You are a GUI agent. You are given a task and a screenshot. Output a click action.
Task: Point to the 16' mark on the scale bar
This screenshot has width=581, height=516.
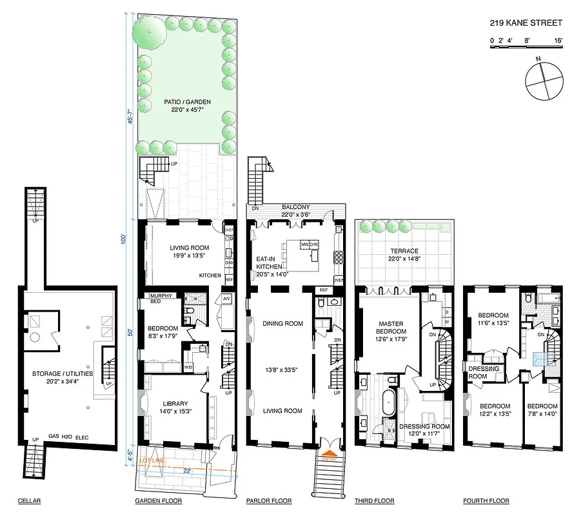tap(558, 40)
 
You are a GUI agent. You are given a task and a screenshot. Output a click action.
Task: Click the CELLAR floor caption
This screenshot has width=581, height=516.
tap(30, 501)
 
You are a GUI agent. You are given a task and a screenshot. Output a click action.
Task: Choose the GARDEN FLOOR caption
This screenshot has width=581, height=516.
tap(158, 501)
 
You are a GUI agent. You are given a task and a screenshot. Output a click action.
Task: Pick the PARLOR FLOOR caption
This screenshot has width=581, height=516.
tap(268, 501)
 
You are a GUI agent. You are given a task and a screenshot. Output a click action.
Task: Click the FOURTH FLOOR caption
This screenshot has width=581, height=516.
tap(486, 501)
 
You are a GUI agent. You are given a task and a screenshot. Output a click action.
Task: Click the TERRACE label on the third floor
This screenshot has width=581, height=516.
tap(404, 251)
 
